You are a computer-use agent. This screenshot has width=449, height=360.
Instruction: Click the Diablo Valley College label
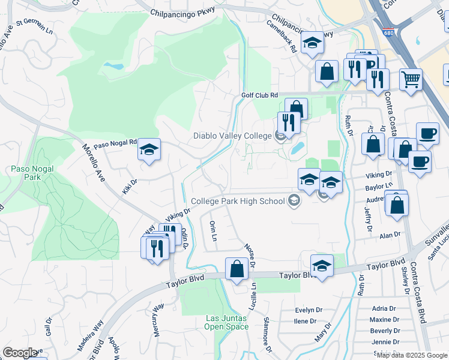[x=232, y=136]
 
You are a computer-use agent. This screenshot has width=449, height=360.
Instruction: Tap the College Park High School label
[x=238, y=201]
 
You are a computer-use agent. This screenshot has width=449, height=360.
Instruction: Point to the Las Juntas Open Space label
[x=226, y=322]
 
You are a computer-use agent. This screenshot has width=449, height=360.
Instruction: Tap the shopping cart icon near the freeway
[x=411, y=79]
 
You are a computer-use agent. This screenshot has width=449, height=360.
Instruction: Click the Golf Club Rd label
[x=259, y=95]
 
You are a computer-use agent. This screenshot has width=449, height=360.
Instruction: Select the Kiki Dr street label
[x=130, y=185]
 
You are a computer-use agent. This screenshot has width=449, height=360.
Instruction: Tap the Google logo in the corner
[x=20, y=352]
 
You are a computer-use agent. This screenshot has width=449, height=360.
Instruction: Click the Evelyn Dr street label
[x=309, y=310]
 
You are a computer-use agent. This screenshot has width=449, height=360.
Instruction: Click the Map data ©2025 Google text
[x=412, y=355]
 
